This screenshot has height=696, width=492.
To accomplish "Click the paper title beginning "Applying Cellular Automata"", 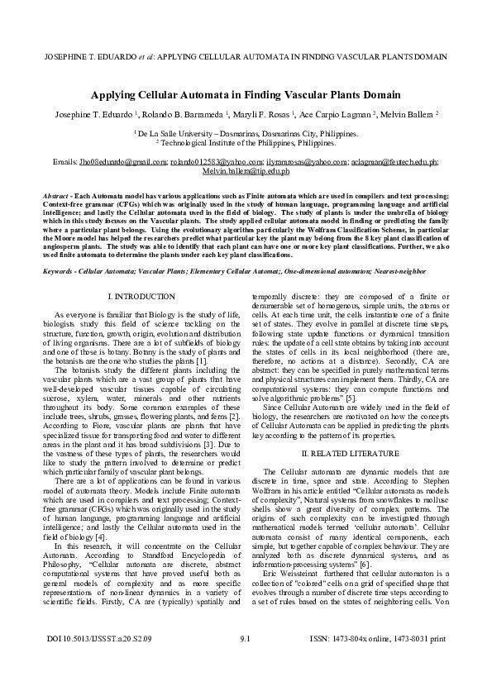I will click(x=246, y=95).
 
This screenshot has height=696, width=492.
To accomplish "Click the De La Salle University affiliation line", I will click(x=246, y=132).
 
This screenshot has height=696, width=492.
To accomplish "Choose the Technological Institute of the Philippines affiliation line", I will click(x=246, y=142).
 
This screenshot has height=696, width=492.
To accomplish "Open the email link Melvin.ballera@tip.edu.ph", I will click(x=246, y=171).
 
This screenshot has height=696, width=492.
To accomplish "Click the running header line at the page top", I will click(x=246, y=59).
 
